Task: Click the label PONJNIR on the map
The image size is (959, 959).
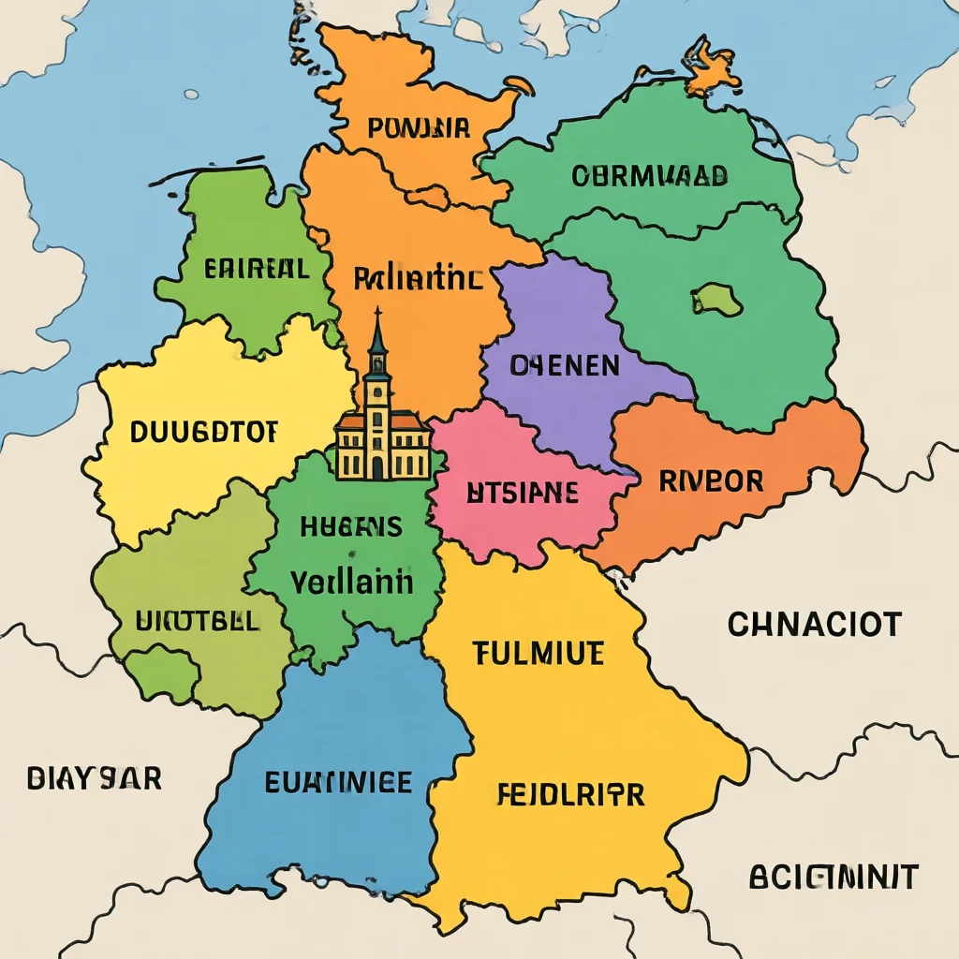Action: click(419, 128)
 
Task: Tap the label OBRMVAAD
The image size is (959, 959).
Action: click(649, 175)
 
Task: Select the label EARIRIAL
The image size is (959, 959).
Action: click(256, 270)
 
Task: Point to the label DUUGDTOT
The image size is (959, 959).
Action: click(203, 432)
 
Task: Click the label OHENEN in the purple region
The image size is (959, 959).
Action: click(564, 365)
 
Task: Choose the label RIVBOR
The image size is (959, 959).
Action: click(711, 481)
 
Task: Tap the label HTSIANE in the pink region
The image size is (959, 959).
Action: click(522, 493)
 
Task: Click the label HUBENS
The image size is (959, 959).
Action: click(351, 526)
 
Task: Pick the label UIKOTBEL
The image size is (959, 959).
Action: click(197, 621)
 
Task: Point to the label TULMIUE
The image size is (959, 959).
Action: click(539, 654)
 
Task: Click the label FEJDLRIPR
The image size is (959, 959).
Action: click(569, 795)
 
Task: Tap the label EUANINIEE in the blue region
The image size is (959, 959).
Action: click(338, 781)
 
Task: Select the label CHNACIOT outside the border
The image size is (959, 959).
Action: click(814, 624)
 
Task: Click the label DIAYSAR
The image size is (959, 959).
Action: click(94, 777)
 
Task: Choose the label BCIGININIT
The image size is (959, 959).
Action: click(834, 878)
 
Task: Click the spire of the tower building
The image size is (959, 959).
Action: click(377, 328)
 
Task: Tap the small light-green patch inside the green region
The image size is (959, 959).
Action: click(718, 300)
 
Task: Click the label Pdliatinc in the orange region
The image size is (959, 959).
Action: click(419, 278)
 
